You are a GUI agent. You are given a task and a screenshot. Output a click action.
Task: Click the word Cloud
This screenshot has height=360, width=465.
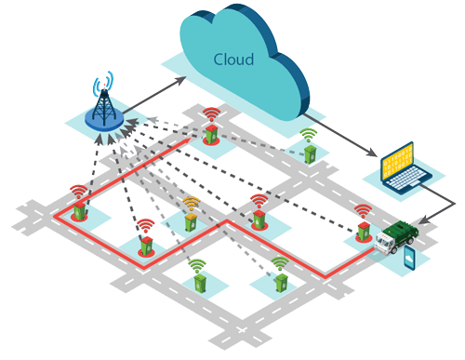pos(233,60)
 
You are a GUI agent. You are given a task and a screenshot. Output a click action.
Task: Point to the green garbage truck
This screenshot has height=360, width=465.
pos(402,235)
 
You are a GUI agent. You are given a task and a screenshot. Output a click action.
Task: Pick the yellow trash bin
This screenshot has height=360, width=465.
pos(191,220)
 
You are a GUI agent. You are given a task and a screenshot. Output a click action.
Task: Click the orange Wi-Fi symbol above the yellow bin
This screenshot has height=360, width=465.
pos(191,202)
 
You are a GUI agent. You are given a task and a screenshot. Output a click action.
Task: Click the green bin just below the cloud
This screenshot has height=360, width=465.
pos(309,154)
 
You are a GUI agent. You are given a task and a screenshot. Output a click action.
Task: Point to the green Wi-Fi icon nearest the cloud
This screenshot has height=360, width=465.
pos(309,135)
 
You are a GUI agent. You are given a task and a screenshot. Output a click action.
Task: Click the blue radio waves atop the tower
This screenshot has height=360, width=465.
pos(105,84)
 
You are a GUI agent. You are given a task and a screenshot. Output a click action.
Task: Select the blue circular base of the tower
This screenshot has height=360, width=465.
pos(104,120)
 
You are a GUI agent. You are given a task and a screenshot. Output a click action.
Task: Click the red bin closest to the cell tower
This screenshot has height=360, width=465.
pos(212,135)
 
